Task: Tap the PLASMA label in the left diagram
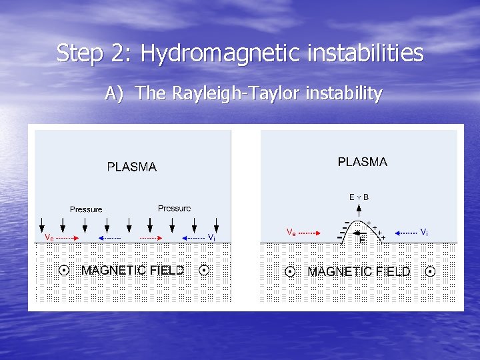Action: pyautogui.click(x=132, y=167)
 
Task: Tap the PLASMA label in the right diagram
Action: pyautogui.click(x=362, y=162)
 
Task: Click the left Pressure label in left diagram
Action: pyautogui.click(x=86, y=209)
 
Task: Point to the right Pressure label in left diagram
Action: pyautogui.click(x=174, y=209)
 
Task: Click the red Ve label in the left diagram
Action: pyautogui.click(x=49, y=237)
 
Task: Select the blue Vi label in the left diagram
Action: pyautogui.click(x=211, y=237)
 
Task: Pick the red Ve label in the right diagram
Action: pyautogui.click(x=291, y=233)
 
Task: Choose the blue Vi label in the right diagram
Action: pyautogui.click(x=424, y=232)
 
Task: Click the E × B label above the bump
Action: pyautogui.click(x=359, y=197)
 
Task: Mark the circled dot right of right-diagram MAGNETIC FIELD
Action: pyautogui.click(x=430, y=272)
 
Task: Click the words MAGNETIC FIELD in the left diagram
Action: pyautogui.click(x=133, y=270)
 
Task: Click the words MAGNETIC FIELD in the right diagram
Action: pyautogui.click(x=359, y=272)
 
